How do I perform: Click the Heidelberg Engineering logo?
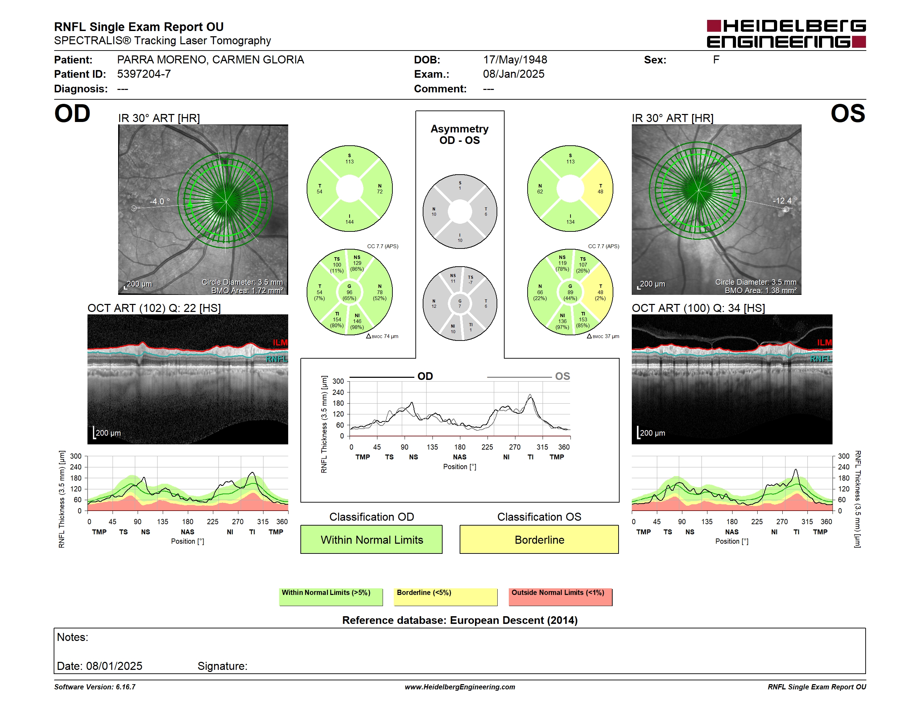click(x=786, y=34)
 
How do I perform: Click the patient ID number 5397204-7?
click(x=144, y=74)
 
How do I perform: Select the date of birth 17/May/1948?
click(x=515, y=60)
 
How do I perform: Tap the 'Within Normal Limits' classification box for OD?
click(x=371, y=539)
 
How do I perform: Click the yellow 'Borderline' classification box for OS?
click(x=539, y=539)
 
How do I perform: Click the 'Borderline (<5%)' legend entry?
click(x=445, y=597)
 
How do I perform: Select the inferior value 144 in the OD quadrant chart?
click(x=349, y=222)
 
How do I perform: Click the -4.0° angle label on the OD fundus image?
click(x=160, y=201)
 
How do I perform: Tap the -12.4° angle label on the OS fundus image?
click(x=785, y=200)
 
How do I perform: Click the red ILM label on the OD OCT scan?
click(x=280, y=343)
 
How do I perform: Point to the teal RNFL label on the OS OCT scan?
click(x=821, y=359)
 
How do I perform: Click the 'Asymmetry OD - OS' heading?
click(x=460, y=135)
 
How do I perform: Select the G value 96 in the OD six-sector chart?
click(x=349, y=292)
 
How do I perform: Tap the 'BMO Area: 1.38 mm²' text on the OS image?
click(x=760, y=291)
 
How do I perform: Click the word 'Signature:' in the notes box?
click(x=222, y=666)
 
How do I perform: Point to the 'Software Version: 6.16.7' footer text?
click(x=95, y=687)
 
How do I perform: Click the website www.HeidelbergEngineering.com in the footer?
click(x=460, y=687)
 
